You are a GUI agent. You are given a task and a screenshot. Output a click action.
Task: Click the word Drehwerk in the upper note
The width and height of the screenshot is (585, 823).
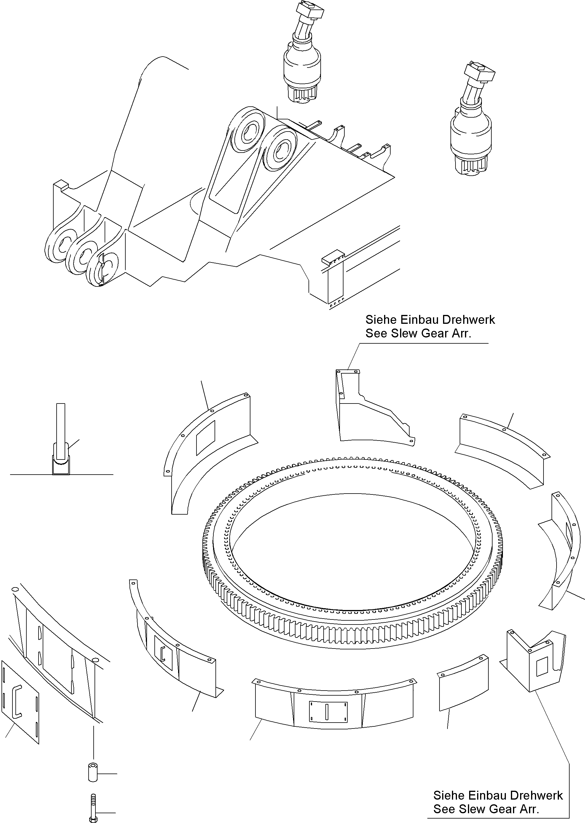468,320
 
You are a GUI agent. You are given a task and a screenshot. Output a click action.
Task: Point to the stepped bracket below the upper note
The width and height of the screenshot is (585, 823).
371,410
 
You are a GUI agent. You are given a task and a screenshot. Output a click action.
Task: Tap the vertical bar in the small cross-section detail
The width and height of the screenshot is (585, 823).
60,428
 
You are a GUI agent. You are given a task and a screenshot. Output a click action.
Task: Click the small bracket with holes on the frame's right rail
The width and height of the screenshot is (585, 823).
333,256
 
